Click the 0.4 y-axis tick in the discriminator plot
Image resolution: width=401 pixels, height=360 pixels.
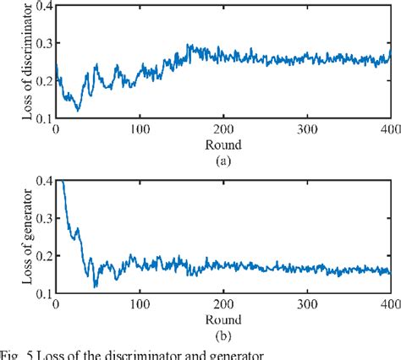tap(41, 7)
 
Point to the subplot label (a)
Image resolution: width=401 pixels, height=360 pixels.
tap(222, 157)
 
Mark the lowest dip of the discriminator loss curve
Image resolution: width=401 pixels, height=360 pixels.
tap(78, 110)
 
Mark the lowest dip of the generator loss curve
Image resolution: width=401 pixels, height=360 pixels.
tap(96, 287)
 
